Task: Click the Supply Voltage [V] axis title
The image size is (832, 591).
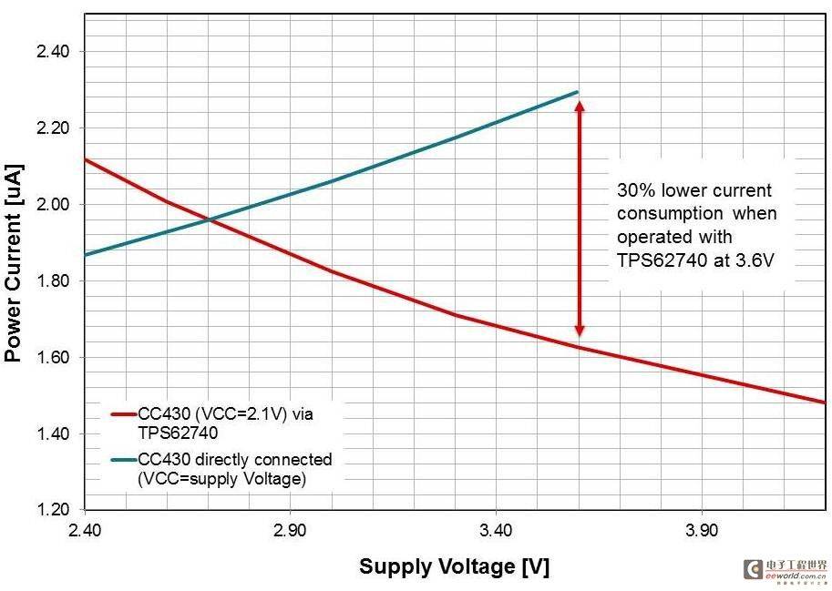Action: tap(454, 566)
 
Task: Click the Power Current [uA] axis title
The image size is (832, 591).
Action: tap(14, 263)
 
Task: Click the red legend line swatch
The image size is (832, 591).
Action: tap(123, 413)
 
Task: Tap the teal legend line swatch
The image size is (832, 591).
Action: tap(123, 459)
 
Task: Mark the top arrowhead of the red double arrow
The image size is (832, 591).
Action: tap(579, 106)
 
